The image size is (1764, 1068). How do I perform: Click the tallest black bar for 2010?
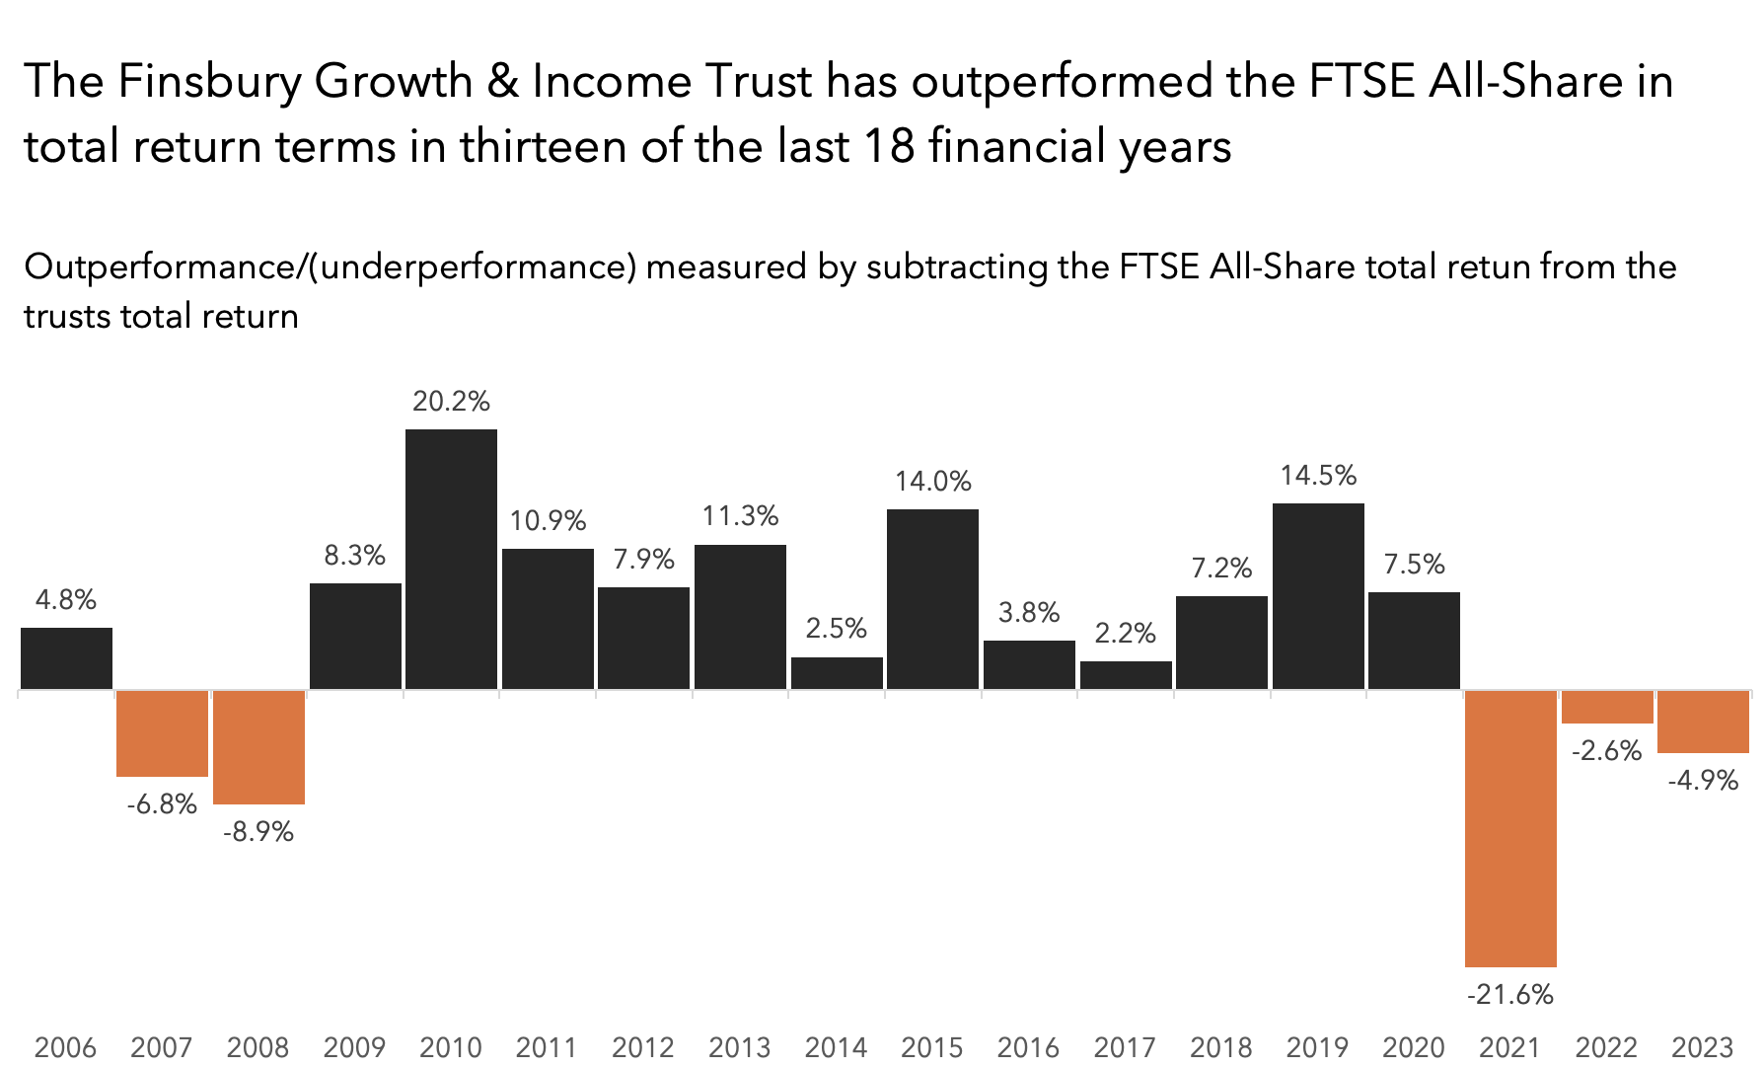click(451, 559)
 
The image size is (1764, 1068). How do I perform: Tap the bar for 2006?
click(66, 657)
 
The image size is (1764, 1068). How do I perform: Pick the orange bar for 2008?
click(258, 746)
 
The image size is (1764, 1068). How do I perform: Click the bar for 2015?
click(932, 598)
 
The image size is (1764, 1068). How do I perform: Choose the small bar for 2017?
click(1126, 675)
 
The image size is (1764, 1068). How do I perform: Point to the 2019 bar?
click(1318, 595)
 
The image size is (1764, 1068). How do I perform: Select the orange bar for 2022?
click(1607, 707)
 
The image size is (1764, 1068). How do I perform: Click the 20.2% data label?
click(451, 401)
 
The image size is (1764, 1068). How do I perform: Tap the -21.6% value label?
click(1510, 994)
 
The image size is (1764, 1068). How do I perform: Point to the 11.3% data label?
click(740, 516)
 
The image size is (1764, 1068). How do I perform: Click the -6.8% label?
click(162, 803)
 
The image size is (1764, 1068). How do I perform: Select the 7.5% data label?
click(1414, 564)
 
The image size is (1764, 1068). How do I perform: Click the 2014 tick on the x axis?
click(836, 1046)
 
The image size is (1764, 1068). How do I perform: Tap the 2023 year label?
click(1702, 1046)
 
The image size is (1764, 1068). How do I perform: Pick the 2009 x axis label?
click(354, 1046)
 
